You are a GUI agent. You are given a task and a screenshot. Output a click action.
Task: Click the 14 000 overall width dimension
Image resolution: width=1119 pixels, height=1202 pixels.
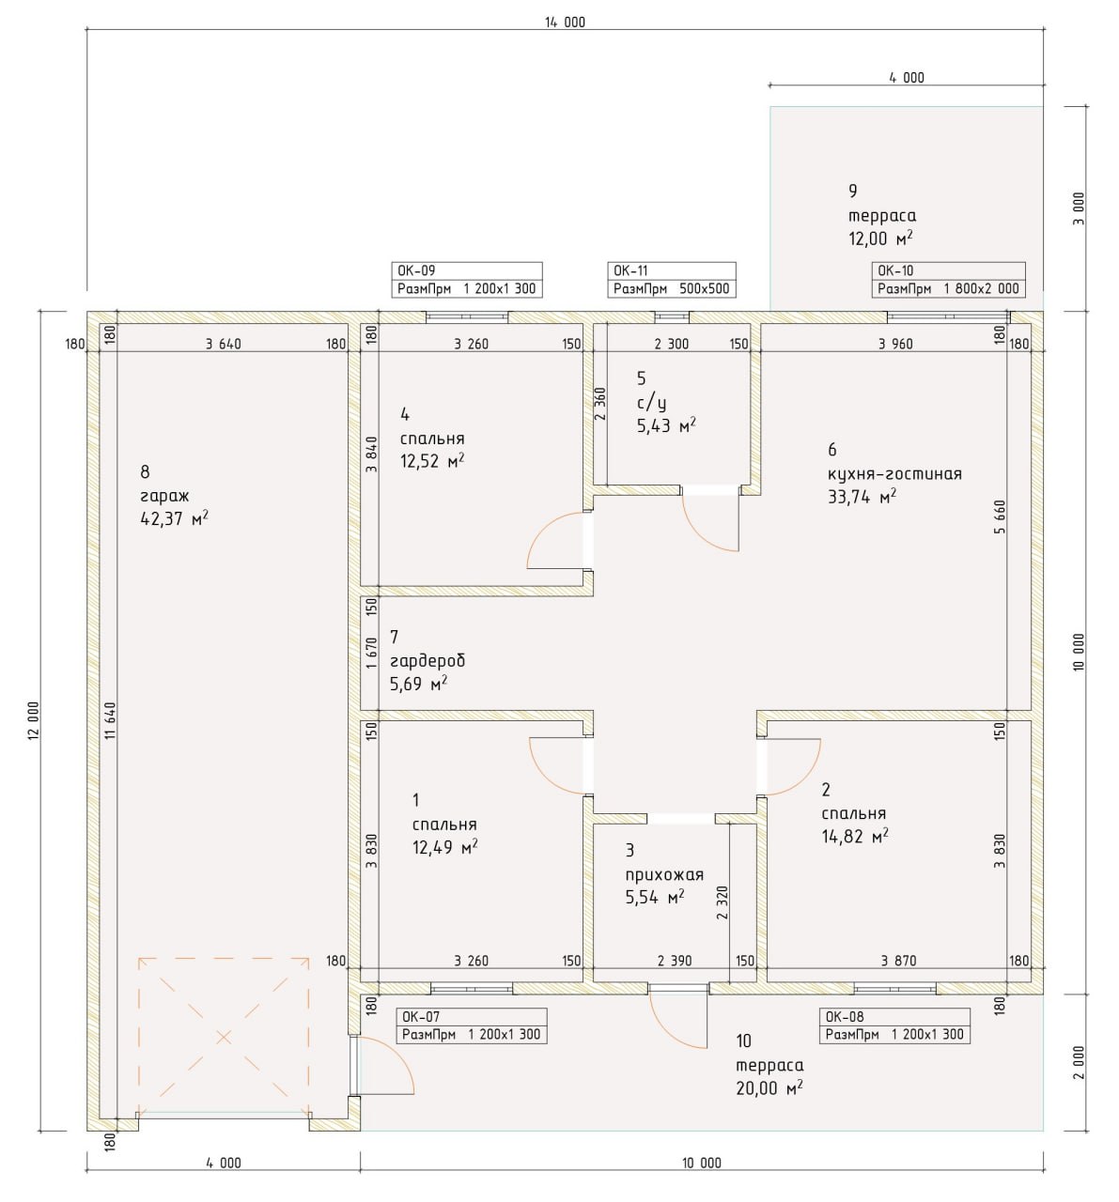(x=565, y=23)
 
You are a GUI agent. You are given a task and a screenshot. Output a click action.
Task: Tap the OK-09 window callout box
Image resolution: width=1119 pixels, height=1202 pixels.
(x=467, y=280)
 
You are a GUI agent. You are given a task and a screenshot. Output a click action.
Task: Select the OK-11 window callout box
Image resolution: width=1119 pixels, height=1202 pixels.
(x=671, y=280)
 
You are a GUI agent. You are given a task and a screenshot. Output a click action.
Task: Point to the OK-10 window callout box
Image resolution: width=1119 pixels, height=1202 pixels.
(x=948, y=280)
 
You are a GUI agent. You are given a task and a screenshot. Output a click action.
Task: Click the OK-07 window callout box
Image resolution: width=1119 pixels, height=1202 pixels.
(x=472, y=1025)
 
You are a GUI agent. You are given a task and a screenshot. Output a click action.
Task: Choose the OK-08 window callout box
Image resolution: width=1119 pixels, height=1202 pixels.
(x=894, y=1025)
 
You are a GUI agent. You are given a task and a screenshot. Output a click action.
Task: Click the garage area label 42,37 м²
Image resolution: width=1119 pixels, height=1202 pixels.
(x=175, y=518)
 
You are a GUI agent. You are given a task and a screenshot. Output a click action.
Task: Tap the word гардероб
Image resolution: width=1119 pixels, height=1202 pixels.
(x=427, y=661)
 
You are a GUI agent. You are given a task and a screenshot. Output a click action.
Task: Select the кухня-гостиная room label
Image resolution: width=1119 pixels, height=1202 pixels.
(x=894, y=474)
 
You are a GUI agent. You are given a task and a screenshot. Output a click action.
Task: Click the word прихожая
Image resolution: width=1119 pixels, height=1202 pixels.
(x=664, y=875)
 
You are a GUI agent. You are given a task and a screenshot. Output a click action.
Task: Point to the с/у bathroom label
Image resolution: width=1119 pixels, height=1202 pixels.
(x=651, y=403)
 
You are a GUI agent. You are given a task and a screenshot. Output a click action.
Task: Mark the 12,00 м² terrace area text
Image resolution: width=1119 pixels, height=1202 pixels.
(x=880, y=238)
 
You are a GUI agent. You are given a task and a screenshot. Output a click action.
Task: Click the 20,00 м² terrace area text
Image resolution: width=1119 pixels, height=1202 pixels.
(x=769, y=1087)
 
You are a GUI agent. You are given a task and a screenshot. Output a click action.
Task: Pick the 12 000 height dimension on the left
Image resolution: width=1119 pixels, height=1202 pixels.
(x=33, y=720)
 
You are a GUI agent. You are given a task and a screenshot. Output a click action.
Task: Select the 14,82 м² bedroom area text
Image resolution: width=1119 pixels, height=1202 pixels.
(x=855, y=836)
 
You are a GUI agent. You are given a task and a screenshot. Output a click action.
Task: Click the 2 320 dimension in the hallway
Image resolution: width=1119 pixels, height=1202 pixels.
(x=722, y=902)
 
